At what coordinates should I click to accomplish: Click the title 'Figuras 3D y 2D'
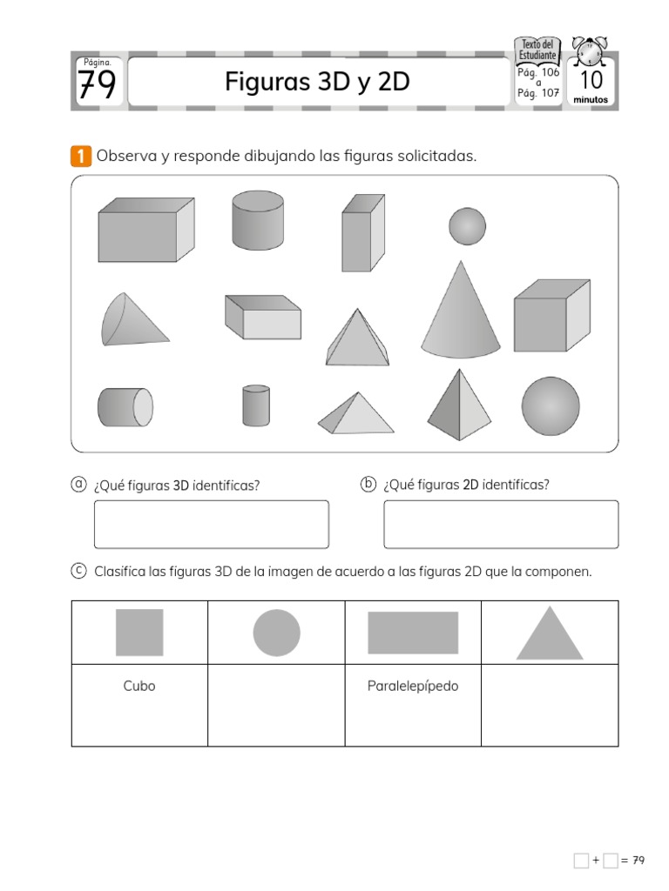[x=317, y=83]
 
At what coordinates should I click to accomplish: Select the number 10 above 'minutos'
[x=591, y=81]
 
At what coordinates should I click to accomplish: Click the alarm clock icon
[x=590, y=50]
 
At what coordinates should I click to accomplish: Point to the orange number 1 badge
[x=79, y=157]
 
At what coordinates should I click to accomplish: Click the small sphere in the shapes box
[x=467, y=226]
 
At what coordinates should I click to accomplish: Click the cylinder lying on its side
[x=125, y=406]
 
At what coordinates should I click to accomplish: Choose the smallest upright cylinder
[x=255, y=405]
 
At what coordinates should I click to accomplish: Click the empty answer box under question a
[x=211, y=525]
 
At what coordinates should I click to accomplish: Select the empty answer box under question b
[x=501, y=525]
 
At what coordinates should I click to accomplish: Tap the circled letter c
[x=78, y=571]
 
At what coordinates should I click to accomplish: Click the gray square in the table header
[x=139, y=633]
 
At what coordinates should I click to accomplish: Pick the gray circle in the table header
[x=276, y=633]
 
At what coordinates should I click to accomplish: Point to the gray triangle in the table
[x=550, y=636]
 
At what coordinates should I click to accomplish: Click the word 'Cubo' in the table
[x=139, y=686]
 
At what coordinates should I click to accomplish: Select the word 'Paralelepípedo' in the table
[x=413, y=686]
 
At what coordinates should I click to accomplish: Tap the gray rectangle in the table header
[x=413, y=633]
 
